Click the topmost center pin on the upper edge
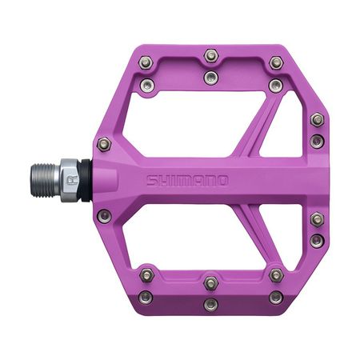210,55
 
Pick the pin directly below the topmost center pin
210,77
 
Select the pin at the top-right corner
277,61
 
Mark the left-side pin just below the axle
102,214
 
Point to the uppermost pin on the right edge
318,119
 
